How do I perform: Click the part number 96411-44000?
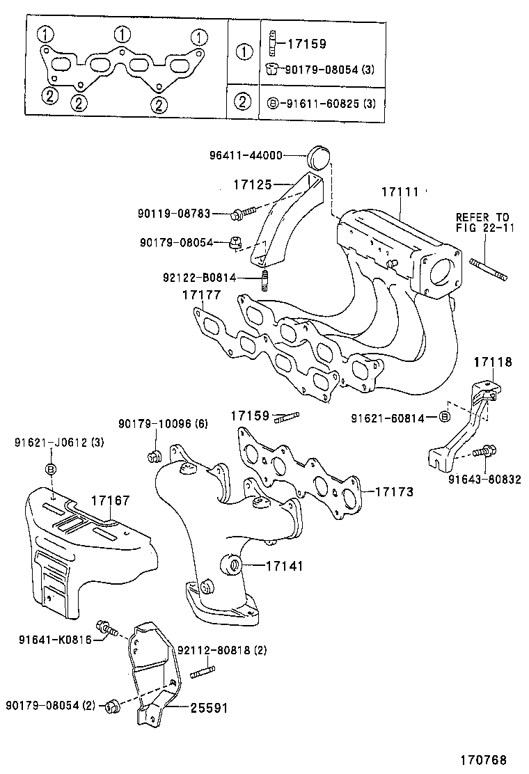pyautogui.click(x=245, y=156)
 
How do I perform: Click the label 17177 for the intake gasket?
pyautogui.click(x=202, y=296)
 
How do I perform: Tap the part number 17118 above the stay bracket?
pyautogui.click(x=493, y=362)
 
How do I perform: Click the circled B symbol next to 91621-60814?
pyautogui.click(x=444, y=417)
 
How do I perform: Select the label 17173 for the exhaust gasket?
pyautogui.click(x=394, y=491)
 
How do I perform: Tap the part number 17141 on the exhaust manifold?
pyautogui.click(x=284, y=566)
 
